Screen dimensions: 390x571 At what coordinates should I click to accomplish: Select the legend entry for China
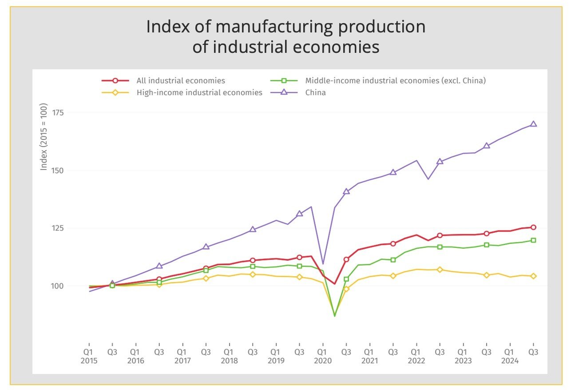point(315,92)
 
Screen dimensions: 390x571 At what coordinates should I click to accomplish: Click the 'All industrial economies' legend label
point(180,80)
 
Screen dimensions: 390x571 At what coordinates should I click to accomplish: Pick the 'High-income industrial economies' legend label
point(199,92)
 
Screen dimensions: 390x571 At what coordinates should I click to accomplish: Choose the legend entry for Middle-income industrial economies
point(395,80)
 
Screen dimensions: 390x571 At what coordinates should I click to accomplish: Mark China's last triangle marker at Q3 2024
point(533,124)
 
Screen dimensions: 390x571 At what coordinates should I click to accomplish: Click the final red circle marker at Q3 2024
point(533,227)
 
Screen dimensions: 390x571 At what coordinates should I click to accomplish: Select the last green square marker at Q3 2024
point(533,240)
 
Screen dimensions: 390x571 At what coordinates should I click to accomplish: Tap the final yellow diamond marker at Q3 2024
point(533,276)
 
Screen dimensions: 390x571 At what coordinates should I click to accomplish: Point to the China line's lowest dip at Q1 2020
point(323,264)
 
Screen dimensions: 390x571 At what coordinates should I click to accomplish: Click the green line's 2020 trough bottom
point(334,316)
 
